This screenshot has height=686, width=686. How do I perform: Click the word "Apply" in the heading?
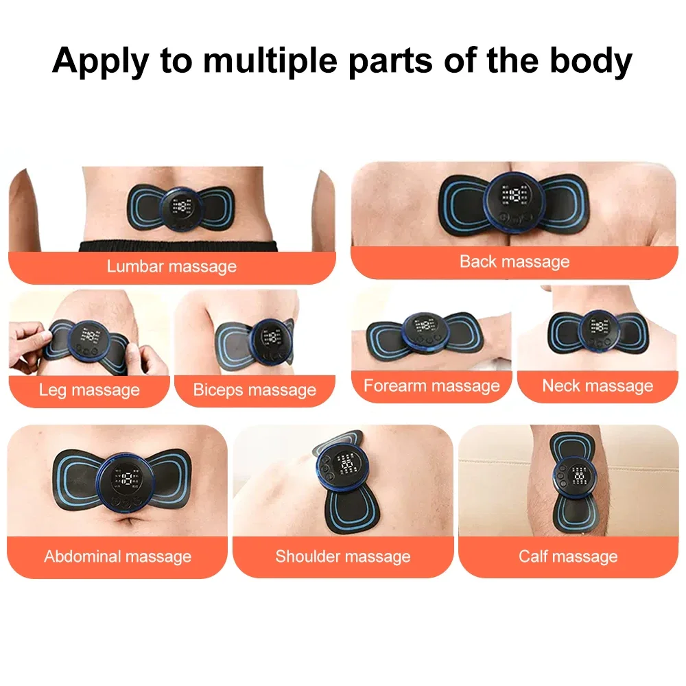click(99, 61)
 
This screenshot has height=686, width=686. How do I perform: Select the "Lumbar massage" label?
click(171, 266)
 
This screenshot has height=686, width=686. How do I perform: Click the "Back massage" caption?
click(514, 261)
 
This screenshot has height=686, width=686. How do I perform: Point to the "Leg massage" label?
click(89, 390)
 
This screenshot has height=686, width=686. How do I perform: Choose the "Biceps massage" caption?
click(255, 390)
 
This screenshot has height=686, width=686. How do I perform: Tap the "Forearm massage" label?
click(431, 386)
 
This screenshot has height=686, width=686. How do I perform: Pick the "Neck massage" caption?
click(598, 386)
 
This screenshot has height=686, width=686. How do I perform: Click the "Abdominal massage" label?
click(117, 556)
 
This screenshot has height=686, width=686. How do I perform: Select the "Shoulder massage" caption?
click(343, 556)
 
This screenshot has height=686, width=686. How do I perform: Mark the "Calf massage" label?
click(568, 556)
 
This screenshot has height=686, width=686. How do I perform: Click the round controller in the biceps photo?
click(270, 340)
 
